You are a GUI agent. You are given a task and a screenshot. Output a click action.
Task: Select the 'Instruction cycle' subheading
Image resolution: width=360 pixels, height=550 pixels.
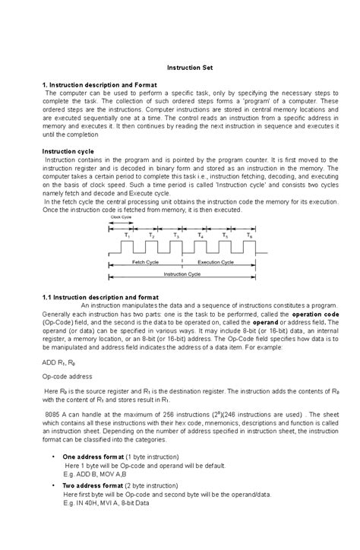(68, 151)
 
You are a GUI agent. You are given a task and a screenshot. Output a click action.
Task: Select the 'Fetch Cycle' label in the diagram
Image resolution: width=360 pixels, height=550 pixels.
(144, 261)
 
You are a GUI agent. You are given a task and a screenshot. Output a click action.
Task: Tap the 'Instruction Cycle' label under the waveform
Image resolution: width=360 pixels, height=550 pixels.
(182, 273)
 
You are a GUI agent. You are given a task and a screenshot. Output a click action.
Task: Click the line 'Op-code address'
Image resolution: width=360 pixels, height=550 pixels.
(67, 375)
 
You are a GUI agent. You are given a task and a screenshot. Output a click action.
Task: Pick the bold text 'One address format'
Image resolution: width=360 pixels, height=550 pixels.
(96, 456)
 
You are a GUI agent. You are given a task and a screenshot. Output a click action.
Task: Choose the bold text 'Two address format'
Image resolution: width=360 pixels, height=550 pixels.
(96, 485)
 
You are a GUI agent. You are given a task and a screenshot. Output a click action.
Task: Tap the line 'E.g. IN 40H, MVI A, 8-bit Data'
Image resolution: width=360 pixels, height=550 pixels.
(106, 503)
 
